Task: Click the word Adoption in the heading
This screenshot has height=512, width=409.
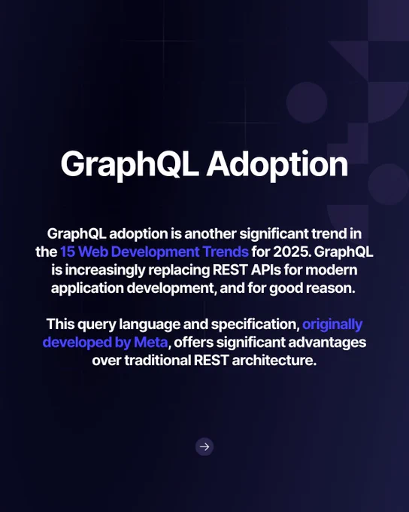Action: click(277, 164)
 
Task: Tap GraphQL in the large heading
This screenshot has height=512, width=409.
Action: click(129, 164)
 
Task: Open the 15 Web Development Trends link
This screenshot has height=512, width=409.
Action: click(155, 251)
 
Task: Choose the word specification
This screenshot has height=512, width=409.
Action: click(256, 325)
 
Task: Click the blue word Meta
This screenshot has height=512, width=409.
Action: click(151, 343)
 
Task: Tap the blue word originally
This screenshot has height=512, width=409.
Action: click(332, 325)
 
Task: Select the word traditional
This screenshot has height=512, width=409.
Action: click(158, 361)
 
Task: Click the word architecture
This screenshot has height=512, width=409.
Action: click(274, 361)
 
